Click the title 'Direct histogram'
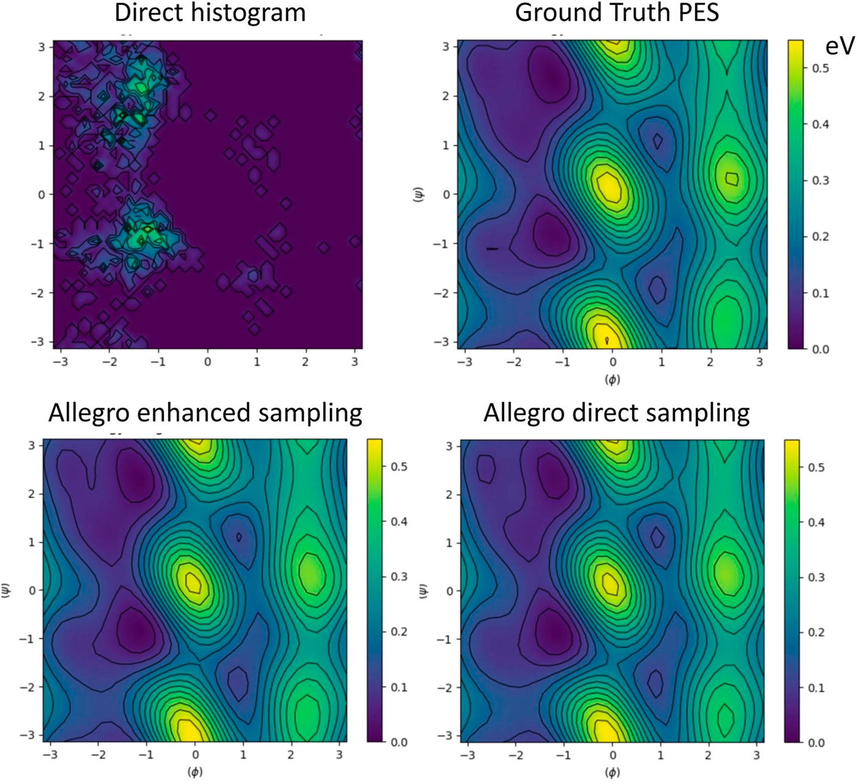[210, 13]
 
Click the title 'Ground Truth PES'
[617, 13]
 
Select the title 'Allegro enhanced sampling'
[205, 413]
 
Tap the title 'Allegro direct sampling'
[616, 413]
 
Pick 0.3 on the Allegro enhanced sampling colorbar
[399, 577]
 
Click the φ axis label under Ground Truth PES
[612, 379]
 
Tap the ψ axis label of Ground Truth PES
[419, 194]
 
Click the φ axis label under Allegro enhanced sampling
[195, 772]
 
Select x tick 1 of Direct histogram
[257, 362]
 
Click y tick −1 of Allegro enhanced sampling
[26, 639]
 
